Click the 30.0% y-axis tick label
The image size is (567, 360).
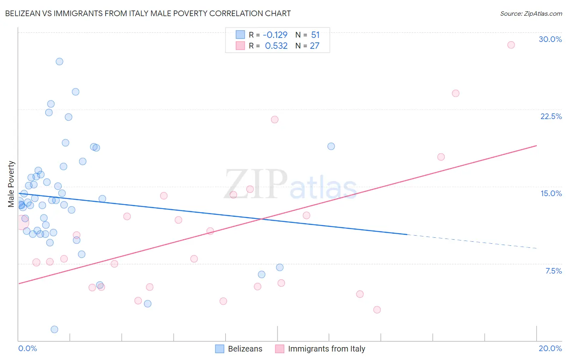point(550,39)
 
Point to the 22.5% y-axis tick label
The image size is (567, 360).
point(551,116)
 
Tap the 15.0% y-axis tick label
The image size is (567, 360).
point(551,193)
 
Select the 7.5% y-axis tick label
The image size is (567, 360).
point(553,271)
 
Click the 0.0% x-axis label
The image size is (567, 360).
point(27,348)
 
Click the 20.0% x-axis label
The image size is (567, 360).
point(550,348)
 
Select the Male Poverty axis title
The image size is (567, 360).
point(11,184)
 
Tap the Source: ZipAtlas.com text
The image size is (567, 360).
point(531,13)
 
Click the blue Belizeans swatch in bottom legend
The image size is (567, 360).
point(219,349)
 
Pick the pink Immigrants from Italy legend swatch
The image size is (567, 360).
point(279,349)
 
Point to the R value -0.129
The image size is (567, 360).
point(275,35)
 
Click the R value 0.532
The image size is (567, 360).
point(276,46)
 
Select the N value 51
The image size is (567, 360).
point(315,35)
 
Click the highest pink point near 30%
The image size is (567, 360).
point(511,45)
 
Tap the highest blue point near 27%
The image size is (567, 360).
point(59,62)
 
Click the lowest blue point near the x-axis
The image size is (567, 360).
point(54,329)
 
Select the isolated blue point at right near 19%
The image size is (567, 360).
point(331,146)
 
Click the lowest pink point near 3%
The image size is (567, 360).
point(377,310)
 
